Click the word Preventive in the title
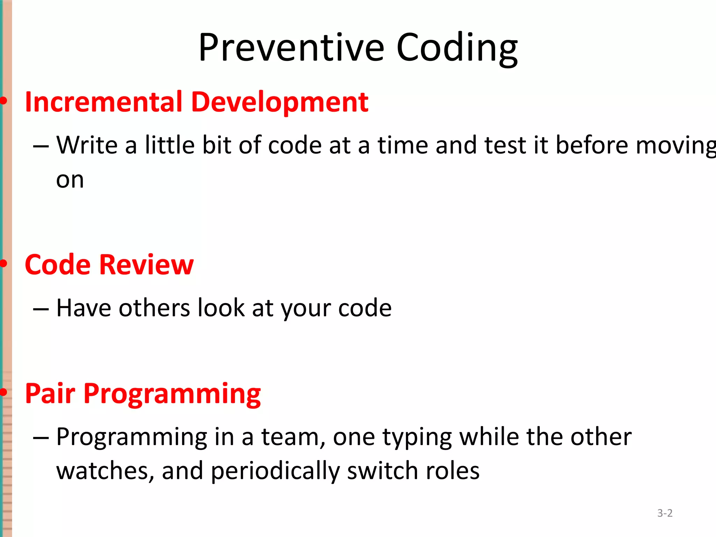pos(291,48)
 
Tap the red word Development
pos(280,102)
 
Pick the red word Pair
pos(50,393)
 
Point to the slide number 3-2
pos(665,513)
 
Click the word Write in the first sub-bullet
pos(87,145)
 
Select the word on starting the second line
pos(70,180)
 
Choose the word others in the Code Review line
pos(154,308)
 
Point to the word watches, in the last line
pos(105,471)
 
